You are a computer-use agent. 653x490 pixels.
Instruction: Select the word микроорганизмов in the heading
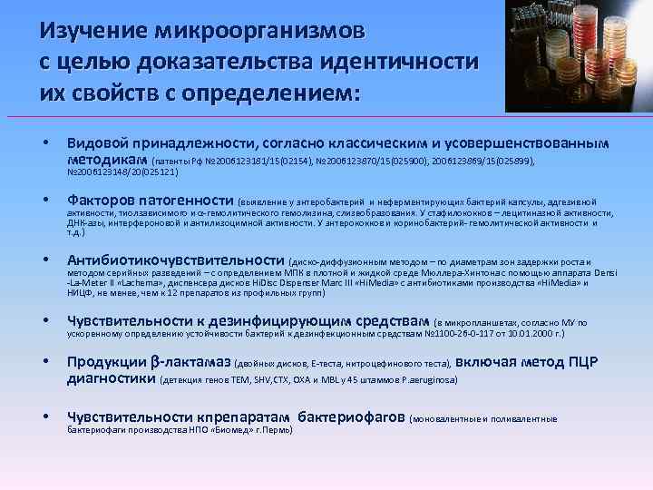[x=260, y=32]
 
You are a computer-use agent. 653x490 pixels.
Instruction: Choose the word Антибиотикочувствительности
[x=180, y=260]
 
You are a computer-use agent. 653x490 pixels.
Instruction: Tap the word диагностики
[x=111, y=378]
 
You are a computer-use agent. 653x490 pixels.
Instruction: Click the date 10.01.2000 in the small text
[x=525, y=333]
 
